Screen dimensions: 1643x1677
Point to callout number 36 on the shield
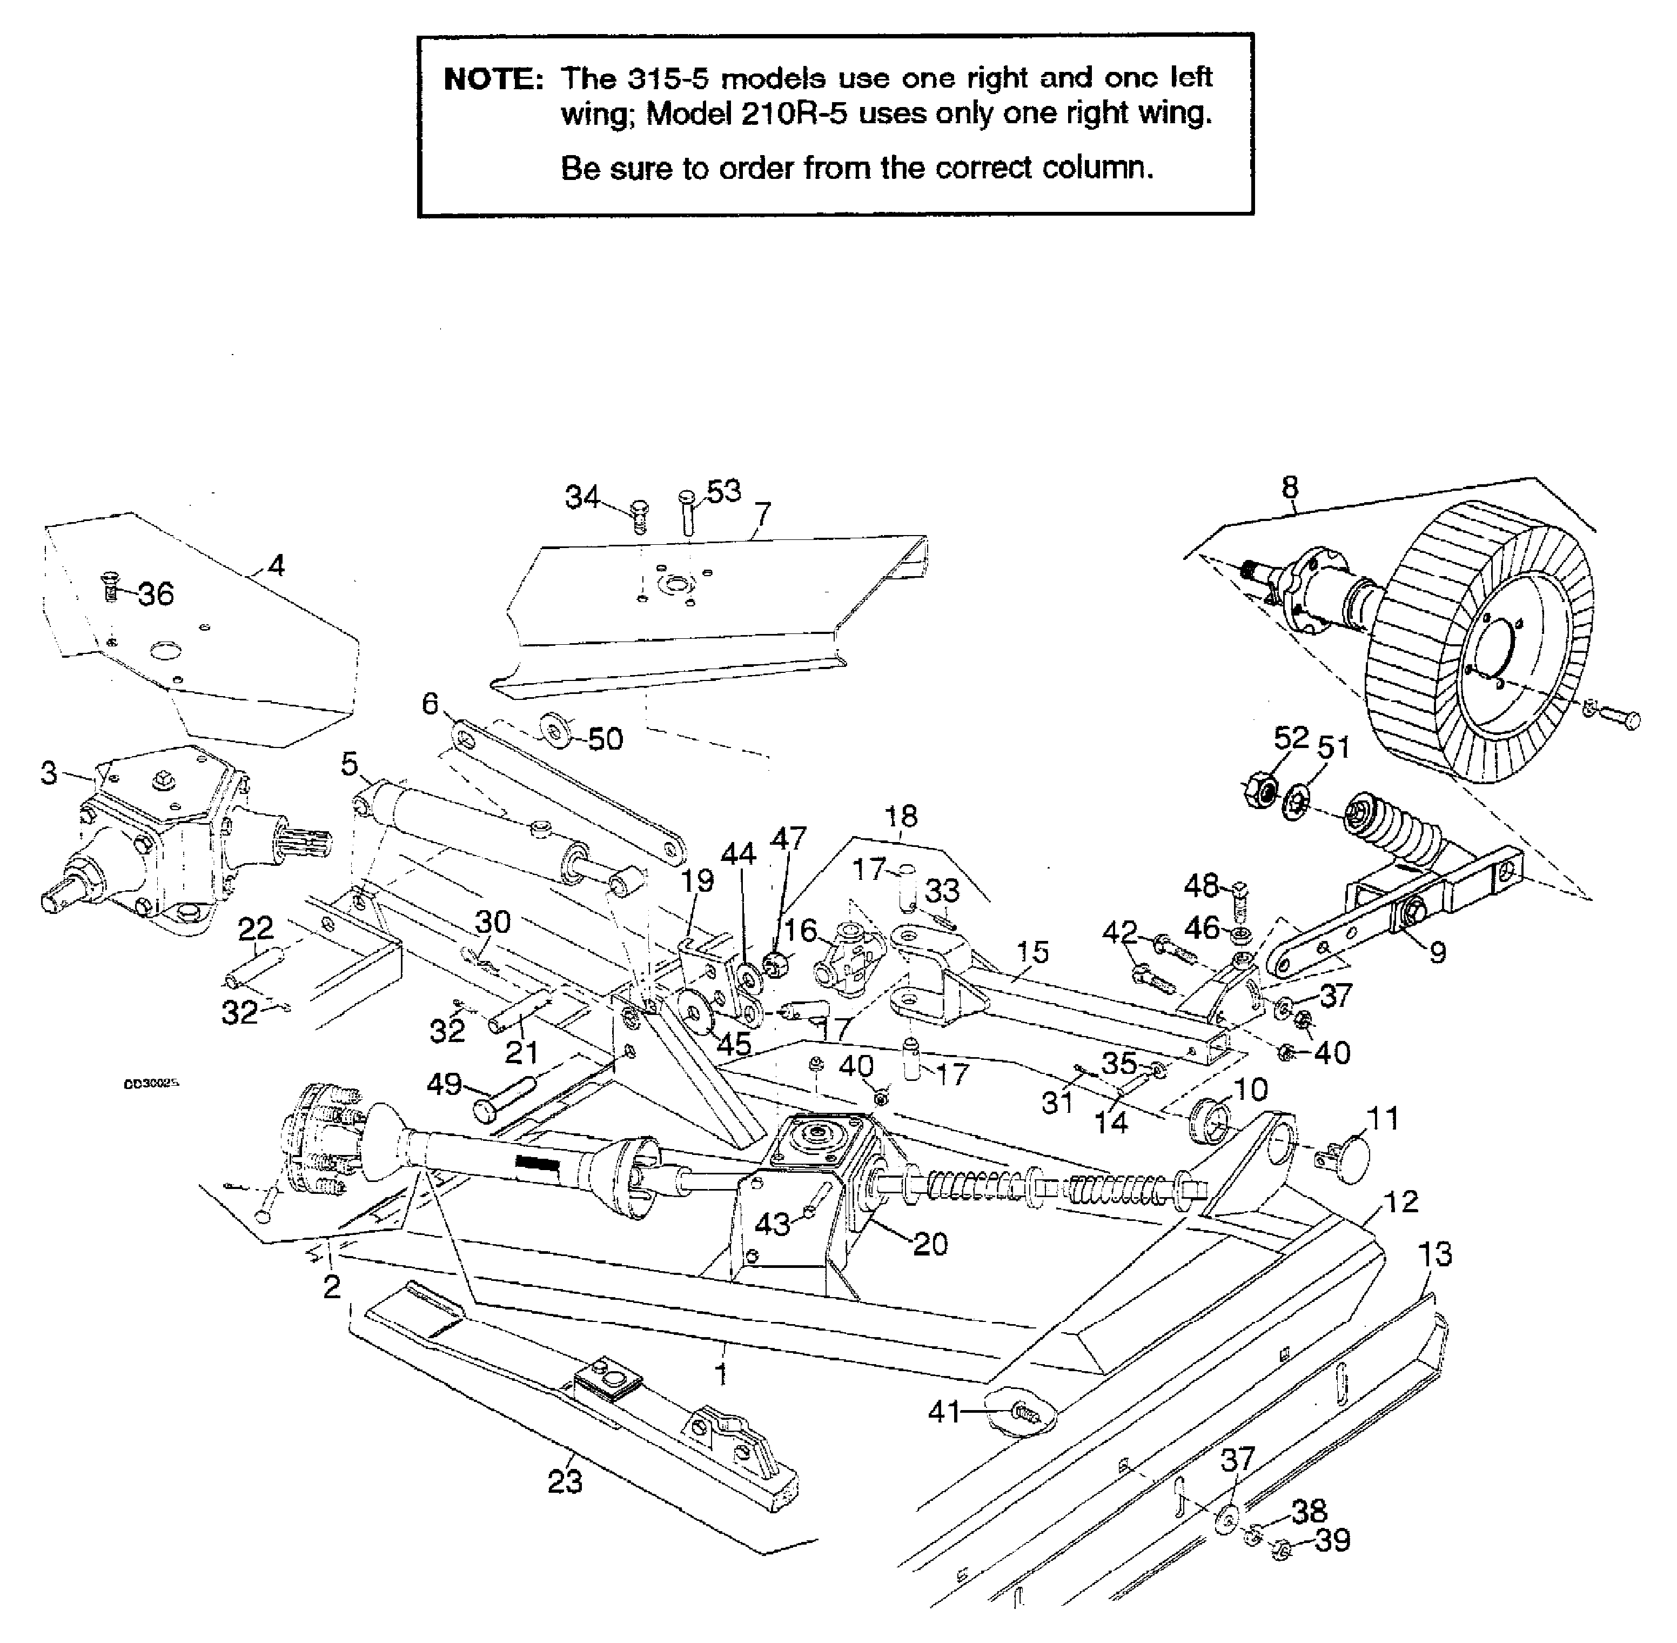[156, 595]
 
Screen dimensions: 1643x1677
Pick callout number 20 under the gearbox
[930, 1244]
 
